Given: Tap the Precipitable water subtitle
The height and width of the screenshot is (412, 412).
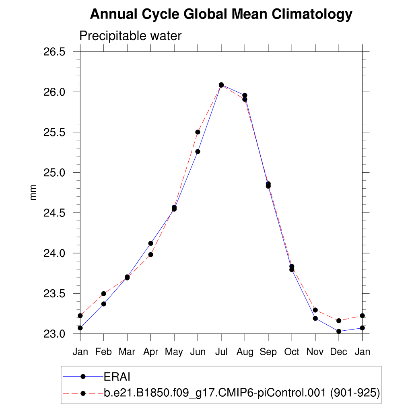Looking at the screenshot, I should coord(130,36).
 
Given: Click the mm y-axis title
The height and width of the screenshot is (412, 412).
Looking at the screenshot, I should coord(33,193).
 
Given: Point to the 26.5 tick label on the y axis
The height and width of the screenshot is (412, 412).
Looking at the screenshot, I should coord(54,52).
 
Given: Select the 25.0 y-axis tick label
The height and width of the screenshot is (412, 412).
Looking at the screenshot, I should coord(54,173).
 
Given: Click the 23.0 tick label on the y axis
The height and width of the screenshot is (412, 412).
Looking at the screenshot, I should coord(54,334).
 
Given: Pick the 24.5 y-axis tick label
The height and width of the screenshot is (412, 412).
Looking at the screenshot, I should coord(54,213).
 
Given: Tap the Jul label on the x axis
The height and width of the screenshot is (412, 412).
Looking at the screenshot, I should coord(221,352).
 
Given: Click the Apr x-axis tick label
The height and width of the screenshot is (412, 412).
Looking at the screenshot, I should coord(151,352).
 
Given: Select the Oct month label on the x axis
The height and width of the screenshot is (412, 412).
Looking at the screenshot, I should coord(292,352).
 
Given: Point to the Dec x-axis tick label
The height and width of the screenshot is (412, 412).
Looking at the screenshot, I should coord(339,352).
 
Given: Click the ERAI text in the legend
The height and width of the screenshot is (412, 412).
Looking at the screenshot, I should coord(117,377).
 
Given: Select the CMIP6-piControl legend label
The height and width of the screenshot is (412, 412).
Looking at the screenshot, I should coord(242,393).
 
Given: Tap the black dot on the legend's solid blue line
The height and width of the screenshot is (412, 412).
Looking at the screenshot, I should coord(83,377).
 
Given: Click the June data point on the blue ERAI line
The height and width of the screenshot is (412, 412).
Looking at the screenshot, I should coord(198,152).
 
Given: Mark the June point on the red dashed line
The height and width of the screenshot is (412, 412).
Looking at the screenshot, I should coord(198,132).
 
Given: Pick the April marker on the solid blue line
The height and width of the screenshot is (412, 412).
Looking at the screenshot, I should coord(150,243).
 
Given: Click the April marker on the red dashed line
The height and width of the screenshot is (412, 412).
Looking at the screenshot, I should coord(150,254).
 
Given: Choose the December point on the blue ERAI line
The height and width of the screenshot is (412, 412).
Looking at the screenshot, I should coord(339,331).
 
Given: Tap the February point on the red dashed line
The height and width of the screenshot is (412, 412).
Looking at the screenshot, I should coord(103,294).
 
